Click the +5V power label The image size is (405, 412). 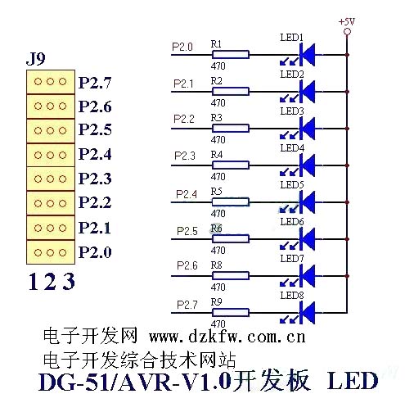tap(347, 21)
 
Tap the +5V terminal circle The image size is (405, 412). tap(347, 32)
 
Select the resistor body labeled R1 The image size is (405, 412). tap(231, 55)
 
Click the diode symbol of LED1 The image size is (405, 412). tap(308, 55)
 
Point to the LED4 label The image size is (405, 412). tap(292, 148)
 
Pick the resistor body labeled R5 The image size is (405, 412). tap(231, 202)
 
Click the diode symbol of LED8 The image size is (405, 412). tap(308, 313)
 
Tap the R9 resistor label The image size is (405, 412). tap(217, 302)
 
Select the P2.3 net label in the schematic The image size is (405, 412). tap(185, 156)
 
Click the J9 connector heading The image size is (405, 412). tap(36, 58)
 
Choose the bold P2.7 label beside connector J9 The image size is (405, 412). tap(95, 83)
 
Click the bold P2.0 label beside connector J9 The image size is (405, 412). tap(95, 252)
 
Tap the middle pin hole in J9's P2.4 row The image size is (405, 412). tap(50, 155)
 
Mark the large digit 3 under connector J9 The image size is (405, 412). tap(69, 282)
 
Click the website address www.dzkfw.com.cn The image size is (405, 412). tap(227, 337)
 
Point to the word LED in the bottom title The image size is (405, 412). tap(353, 381)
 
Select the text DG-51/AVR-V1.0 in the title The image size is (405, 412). tap(135, 382)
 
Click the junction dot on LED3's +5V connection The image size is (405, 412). tap(347, 129)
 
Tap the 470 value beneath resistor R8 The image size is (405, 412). tap(218, 287)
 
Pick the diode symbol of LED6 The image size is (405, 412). tap(308, 239)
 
